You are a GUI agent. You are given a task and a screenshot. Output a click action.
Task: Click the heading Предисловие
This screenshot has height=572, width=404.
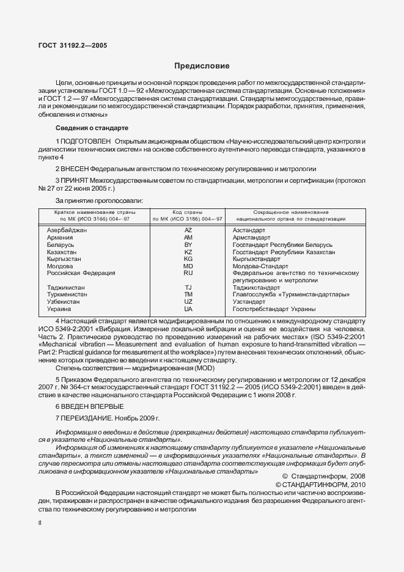[x=202, y=66]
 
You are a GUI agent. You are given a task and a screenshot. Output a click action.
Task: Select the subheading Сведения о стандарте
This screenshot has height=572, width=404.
[x=92, y=128]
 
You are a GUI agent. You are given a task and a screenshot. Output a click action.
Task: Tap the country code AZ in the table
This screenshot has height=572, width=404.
[x=188, y=230]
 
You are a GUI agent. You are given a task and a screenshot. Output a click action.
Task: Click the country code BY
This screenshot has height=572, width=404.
[x=188, y=244]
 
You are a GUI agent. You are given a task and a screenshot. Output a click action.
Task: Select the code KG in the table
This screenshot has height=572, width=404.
[x=188, y=259]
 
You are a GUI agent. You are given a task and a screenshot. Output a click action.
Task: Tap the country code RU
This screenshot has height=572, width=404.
[x=188, y=273]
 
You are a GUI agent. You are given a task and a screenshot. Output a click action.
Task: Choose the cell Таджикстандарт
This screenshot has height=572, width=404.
[x=257, y=287]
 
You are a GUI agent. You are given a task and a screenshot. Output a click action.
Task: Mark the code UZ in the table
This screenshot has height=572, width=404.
[x=188, y=302]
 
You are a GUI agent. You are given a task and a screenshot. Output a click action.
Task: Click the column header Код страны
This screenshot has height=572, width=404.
[x=188, y=211]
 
